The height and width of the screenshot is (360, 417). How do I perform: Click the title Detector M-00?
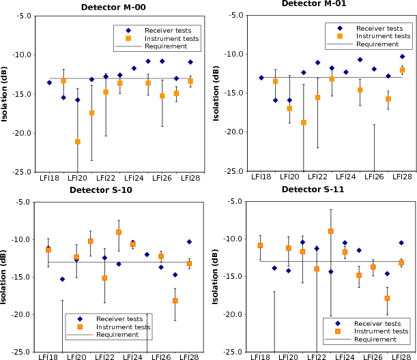(x=117, y=7)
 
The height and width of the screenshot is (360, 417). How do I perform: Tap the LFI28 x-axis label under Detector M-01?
(x=402, y=177)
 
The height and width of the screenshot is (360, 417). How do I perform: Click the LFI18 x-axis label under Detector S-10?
(x=48, y=357)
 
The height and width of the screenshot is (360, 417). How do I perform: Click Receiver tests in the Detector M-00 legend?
(x=163, y=31)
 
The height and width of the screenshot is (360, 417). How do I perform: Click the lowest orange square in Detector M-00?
(x=77, y=141)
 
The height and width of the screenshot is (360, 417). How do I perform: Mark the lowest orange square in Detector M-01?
(x=304, y=123)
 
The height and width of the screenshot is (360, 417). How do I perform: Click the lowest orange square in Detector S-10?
(x=175, y=301)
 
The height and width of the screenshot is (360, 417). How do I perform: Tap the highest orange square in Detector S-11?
(x=331, y=231)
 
